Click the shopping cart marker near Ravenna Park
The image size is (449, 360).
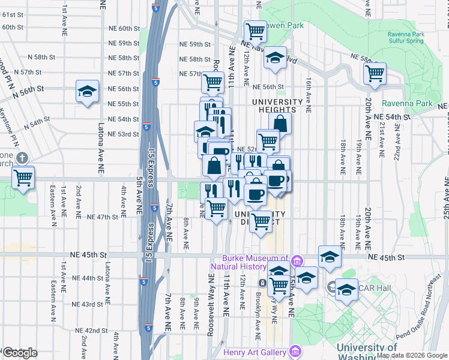click(x=375, y=74)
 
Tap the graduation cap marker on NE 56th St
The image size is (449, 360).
click(x=88, y=92)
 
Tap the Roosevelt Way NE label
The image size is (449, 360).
click(x=211, y=305)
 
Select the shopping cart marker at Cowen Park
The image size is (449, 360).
click(x=256, y=30)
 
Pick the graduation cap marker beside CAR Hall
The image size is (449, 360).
click(x=346, y=290)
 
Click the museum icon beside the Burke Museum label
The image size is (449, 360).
click(x=297, y=261)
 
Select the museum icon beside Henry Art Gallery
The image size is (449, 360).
click(x=294, y=350)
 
